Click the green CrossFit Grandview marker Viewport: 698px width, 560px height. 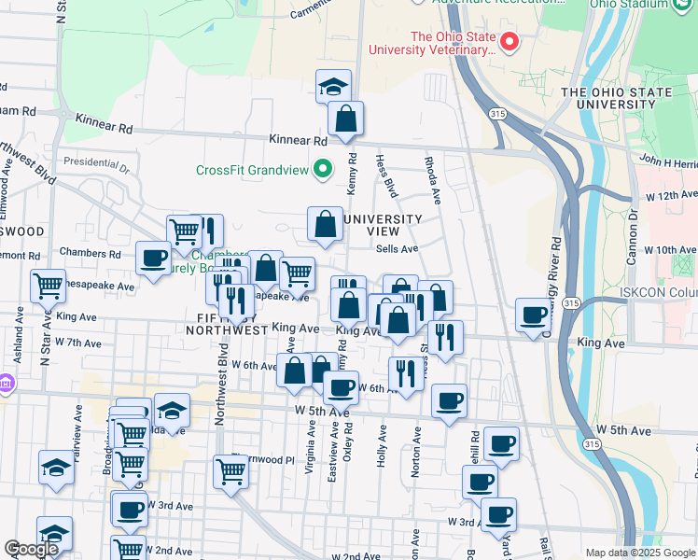click(324, 170)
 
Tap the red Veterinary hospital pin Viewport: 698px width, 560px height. click(510, 42)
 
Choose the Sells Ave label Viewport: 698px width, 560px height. click(397, 249)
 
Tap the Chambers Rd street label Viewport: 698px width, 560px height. click(90, 253)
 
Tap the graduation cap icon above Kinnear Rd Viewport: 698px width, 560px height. click(333, 87)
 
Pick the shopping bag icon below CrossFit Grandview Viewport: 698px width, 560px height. click(326, 225)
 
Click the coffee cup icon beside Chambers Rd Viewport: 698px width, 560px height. click(152, 258)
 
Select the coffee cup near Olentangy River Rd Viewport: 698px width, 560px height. click(534, 315)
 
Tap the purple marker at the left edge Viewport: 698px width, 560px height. click(5, 384)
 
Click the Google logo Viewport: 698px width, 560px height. click(31, 549)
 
